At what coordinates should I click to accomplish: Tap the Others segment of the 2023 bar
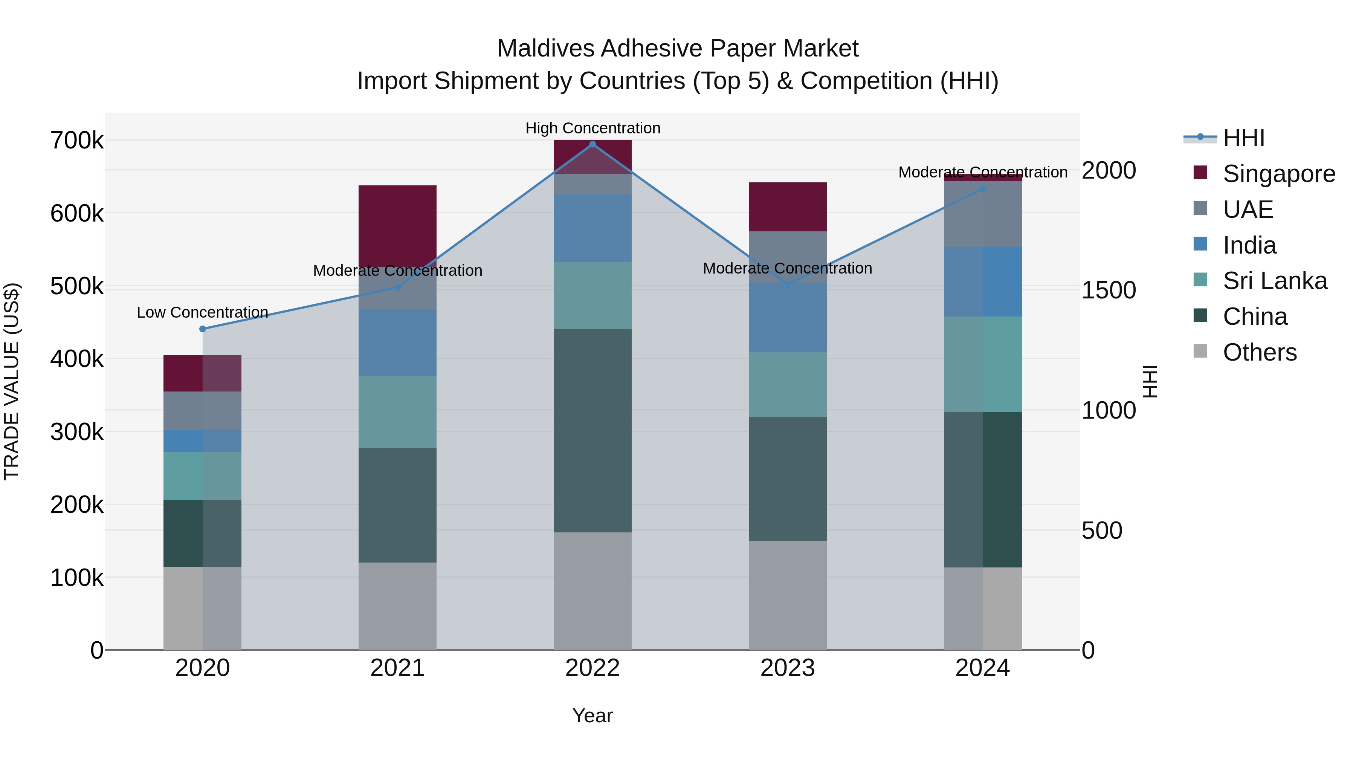tap(788, 595)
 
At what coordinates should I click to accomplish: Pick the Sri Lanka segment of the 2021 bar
tap(397, 412)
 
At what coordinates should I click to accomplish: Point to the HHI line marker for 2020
tap(203, 329)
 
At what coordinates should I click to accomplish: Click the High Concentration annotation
tap(593, 128)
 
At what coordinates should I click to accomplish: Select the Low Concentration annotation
tap(203, 312)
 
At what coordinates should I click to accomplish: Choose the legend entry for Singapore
tap(1279, 174)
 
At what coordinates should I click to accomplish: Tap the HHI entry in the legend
tap(1243, 138)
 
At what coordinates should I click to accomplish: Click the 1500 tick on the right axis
tap(1109, 290)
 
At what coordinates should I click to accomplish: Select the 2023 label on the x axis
tap(788, 668)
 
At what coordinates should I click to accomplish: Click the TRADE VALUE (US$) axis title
tap(12, 381)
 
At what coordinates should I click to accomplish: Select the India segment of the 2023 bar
tap(788, 318)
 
